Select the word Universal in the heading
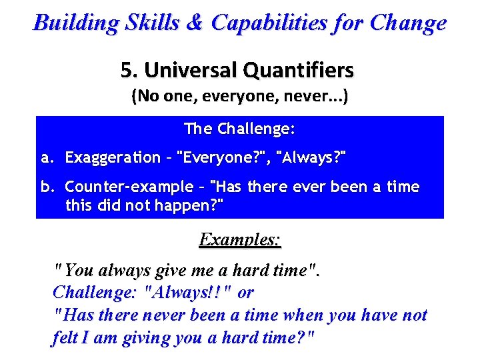[190, 69]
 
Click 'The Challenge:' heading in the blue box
[239, 127]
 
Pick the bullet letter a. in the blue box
[47, 157]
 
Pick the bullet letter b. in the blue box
[47, 187]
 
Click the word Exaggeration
[113, 157]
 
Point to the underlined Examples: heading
[240, 240]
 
